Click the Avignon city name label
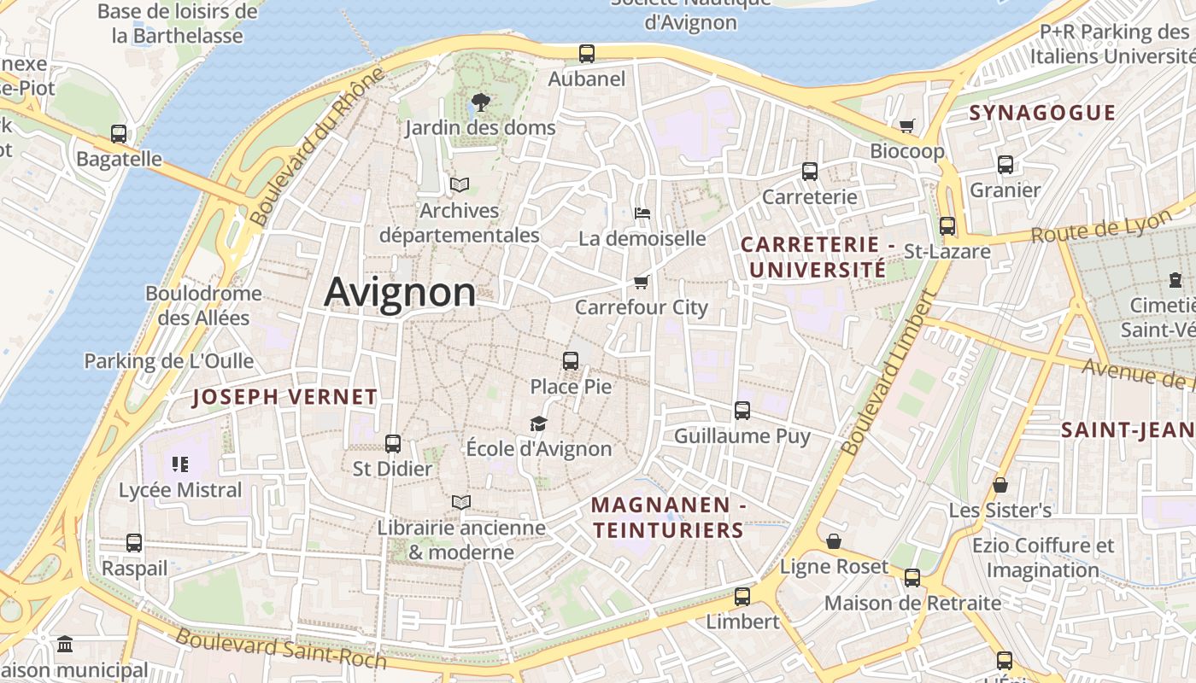point(400,293)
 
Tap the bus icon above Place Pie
point(571,361)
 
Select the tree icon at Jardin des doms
point(480,102)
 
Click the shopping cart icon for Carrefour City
point(642,282)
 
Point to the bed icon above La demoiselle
point(642,213)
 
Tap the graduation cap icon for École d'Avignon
point(538,423)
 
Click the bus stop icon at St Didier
point(393,444)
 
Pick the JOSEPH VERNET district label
point(284,397)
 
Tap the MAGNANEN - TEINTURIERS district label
point(669,517)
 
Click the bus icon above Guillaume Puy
point(742,411)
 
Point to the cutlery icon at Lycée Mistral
point(180,464)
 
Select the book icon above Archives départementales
point(460,184)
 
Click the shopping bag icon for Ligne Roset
point(833,541)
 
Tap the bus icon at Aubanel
point(587,54)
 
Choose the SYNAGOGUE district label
point(1042,114)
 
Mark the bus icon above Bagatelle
point(119,134)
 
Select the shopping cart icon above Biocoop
point(907,126)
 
